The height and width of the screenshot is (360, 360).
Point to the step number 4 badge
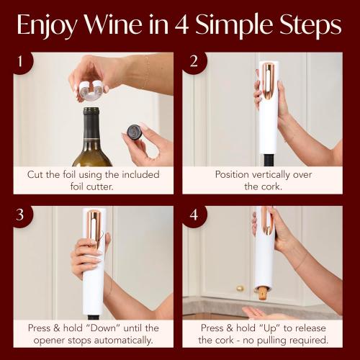(193, 216)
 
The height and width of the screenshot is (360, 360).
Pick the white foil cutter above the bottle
(90, 91)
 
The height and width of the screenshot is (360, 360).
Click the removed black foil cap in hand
(134, 131)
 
